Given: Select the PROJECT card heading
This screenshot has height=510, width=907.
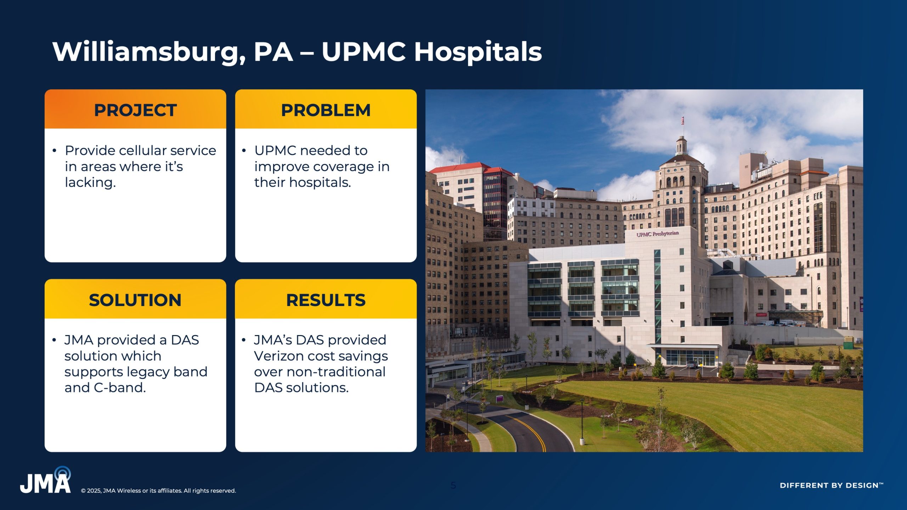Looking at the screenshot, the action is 135,110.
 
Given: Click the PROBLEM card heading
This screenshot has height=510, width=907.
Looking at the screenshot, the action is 326,110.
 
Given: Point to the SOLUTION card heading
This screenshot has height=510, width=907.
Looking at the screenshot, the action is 135,300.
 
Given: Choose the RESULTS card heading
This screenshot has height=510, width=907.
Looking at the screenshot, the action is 326,300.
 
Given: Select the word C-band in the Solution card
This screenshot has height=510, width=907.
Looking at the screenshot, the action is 120,387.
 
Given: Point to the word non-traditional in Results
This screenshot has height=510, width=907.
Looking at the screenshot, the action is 336,372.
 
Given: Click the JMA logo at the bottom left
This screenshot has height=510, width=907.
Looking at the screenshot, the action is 45,480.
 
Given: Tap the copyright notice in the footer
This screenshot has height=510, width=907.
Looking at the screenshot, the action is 158,491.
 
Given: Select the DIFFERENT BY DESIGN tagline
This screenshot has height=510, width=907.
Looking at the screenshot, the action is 832,485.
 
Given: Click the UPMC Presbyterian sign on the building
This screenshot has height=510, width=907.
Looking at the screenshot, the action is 658,234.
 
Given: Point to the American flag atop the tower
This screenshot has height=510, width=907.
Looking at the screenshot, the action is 683,121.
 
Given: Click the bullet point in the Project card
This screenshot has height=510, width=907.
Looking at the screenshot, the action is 54,151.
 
